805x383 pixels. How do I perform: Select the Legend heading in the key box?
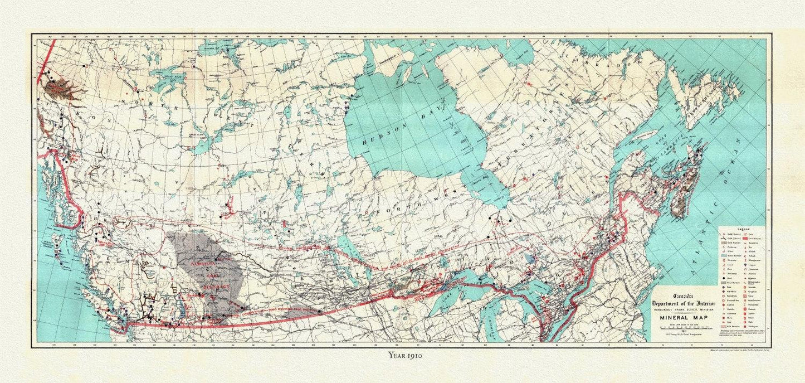740,229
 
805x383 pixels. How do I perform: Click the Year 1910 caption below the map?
404,355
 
